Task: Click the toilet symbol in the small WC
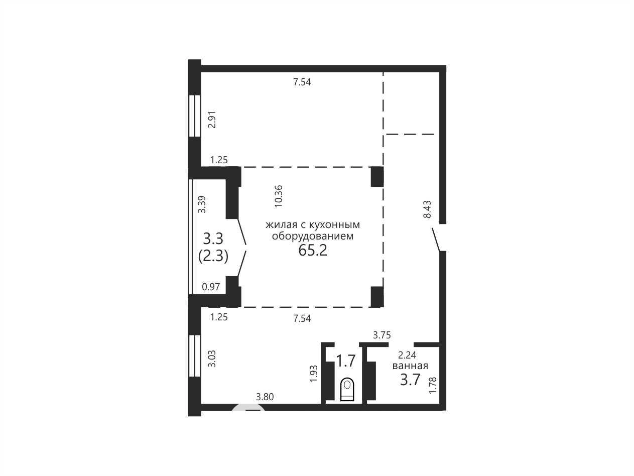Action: (x=347, y=389)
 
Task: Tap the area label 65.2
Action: (x=313, y=250)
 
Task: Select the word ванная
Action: (x=410, y=366)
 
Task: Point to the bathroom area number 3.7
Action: (x=410, y=380)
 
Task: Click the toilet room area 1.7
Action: (x=345, y=361)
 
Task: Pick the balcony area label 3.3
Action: (x=213, y=239)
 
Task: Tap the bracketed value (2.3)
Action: (x=213, y=256)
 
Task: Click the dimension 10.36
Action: (x=279, y=196)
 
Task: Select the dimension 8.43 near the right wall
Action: (x=427, y=209)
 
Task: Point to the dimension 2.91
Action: (x=212, y=120)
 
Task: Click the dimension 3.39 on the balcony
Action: (x=202, y=204)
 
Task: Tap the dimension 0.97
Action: (x=211, y=287)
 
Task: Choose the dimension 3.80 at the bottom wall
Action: (x=265, y=397)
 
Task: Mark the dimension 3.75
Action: (x=382, y=335)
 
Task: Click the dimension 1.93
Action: (x=314, y=374)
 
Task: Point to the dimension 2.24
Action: (x=407, y=354)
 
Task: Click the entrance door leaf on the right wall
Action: (x=436, y=240)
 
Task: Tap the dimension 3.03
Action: (x=212, y=359)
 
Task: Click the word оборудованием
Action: (x=313, y=236)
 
